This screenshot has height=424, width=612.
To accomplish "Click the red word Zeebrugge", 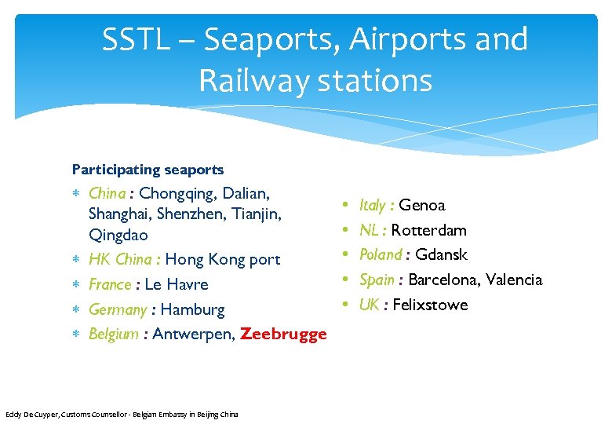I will click(x=283, y=334).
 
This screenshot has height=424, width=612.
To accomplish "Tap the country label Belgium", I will click(x=114, y=334).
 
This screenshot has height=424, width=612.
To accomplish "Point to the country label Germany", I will click(x=118, y=309).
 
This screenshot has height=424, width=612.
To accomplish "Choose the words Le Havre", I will click(x=177, y=284).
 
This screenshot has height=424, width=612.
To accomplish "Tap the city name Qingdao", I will click(x=118, y=235).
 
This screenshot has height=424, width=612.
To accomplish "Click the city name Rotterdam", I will click(x=428, y=230).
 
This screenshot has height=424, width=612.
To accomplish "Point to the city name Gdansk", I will click(x=441, y=254).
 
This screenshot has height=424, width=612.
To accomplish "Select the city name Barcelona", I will click(x=443, y=280).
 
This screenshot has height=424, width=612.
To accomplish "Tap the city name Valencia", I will click(x=514, y=280).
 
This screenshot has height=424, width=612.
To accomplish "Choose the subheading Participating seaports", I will click(x=148, y=170).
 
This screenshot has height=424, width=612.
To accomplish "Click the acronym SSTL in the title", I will click(x=135, y=40).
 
